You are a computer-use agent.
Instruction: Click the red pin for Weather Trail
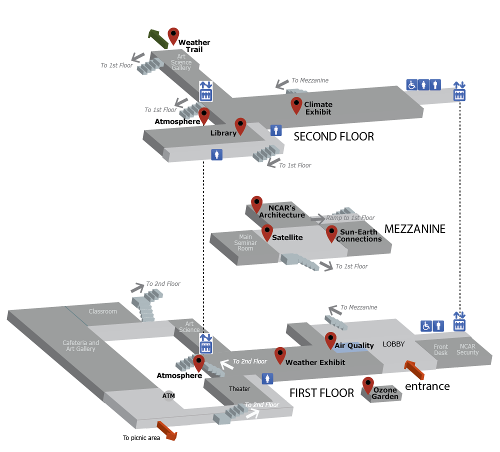tap(173, 35)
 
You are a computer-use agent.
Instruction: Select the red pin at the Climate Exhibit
tap(296, 105)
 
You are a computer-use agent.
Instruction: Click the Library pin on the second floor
tap(240, 126)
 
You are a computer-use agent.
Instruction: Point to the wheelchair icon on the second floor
tap(411, 85)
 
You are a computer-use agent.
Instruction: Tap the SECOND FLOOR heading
tap(333, 136)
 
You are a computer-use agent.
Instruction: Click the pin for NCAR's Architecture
tap(256, 203)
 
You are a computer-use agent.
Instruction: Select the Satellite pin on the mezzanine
tap(267, 232)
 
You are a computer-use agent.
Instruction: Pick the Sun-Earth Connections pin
tap(331, 233)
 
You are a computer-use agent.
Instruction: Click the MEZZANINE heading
tap(414, 229)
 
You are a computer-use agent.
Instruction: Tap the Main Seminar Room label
tap(245, 242)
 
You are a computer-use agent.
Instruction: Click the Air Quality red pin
tap(330, 340)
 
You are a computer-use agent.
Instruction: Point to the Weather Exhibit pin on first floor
tap(280, 355)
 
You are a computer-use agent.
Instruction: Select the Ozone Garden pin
tap(368, 384)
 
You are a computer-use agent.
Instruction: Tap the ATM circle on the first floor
tap(168, 395)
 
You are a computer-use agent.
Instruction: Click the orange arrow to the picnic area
tap(166, 431)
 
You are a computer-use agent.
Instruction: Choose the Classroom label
tap(102, 311)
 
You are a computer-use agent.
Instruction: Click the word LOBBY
tap(393, 344)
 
